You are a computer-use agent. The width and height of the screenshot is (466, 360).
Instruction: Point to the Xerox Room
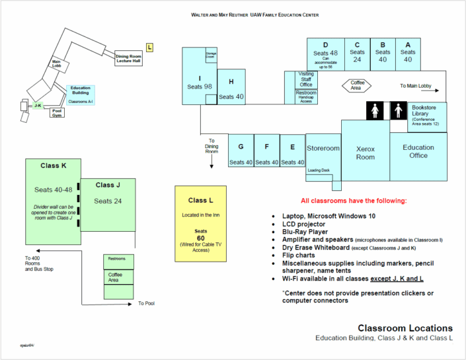coord(365,153)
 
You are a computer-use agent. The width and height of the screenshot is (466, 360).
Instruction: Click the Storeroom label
coord(323,149)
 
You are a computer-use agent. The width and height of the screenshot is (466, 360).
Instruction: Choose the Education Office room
coord(418,152)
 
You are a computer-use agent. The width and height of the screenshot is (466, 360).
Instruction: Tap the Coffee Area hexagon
coord(355,85)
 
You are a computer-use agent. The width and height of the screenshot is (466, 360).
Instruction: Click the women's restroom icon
coord(374,110)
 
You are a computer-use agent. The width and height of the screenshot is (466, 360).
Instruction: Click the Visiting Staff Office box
coord(306,79)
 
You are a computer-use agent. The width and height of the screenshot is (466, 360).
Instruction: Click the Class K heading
coord(53,164)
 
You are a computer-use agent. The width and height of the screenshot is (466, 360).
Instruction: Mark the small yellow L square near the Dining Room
coord(150,47)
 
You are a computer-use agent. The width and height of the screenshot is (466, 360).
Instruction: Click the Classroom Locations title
coord(405,328)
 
